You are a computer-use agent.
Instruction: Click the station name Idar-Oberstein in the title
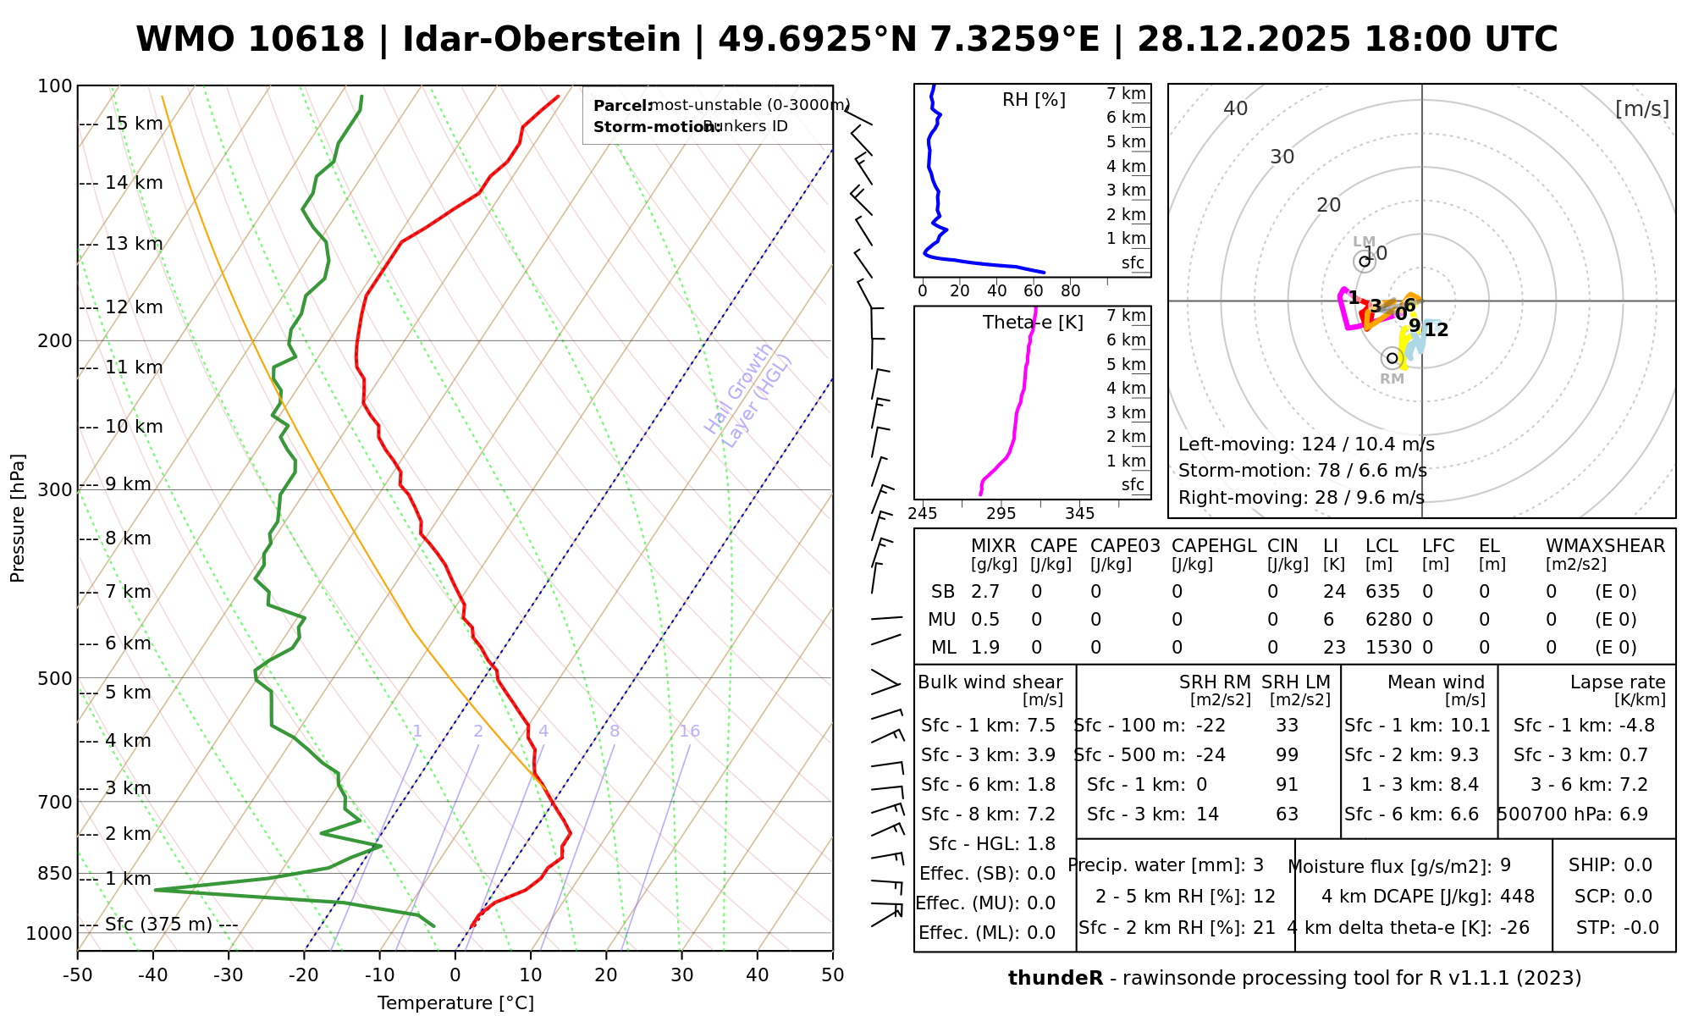542,40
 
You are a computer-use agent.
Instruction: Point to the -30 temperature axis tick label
229,975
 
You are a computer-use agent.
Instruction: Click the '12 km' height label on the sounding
134,307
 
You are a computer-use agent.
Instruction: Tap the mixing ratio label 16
689,732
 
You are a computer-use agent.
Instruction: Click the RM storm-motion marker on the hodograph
1392,358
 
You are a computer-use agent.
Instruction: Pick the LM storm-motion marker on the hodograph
1365,261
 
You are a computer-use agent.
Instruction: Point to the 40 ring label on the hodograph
1236,108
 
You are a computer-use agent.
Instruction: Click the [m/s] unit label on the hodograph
1642,108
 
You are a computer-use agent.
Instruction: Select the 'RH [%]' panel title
1034,100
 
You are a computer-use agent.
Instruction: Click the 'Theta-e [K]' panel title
1033,323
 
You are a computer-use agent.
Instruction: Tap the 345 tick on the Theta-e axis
1079,514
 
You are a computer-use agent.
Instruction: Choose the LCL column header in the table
1381,546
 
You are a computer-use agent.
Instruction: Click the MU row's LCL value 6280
1388,620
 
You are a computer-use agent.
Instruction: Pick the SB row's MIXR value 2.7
985,592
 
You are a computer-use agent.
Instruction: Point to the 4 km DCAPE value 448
1517,897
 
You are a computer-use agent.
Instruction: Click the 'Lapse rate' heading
1618,682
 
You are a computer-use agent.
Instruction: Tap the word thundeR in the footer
1056,979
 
